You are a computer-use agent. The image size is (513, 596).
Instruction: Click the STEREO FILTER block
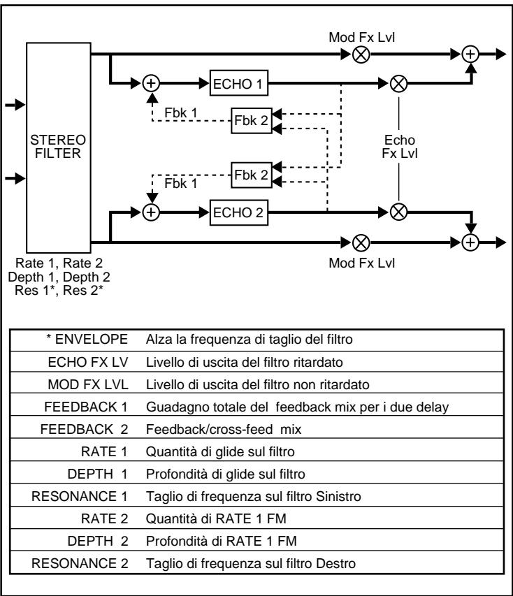pyautogui.click(x=58, y=144)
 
